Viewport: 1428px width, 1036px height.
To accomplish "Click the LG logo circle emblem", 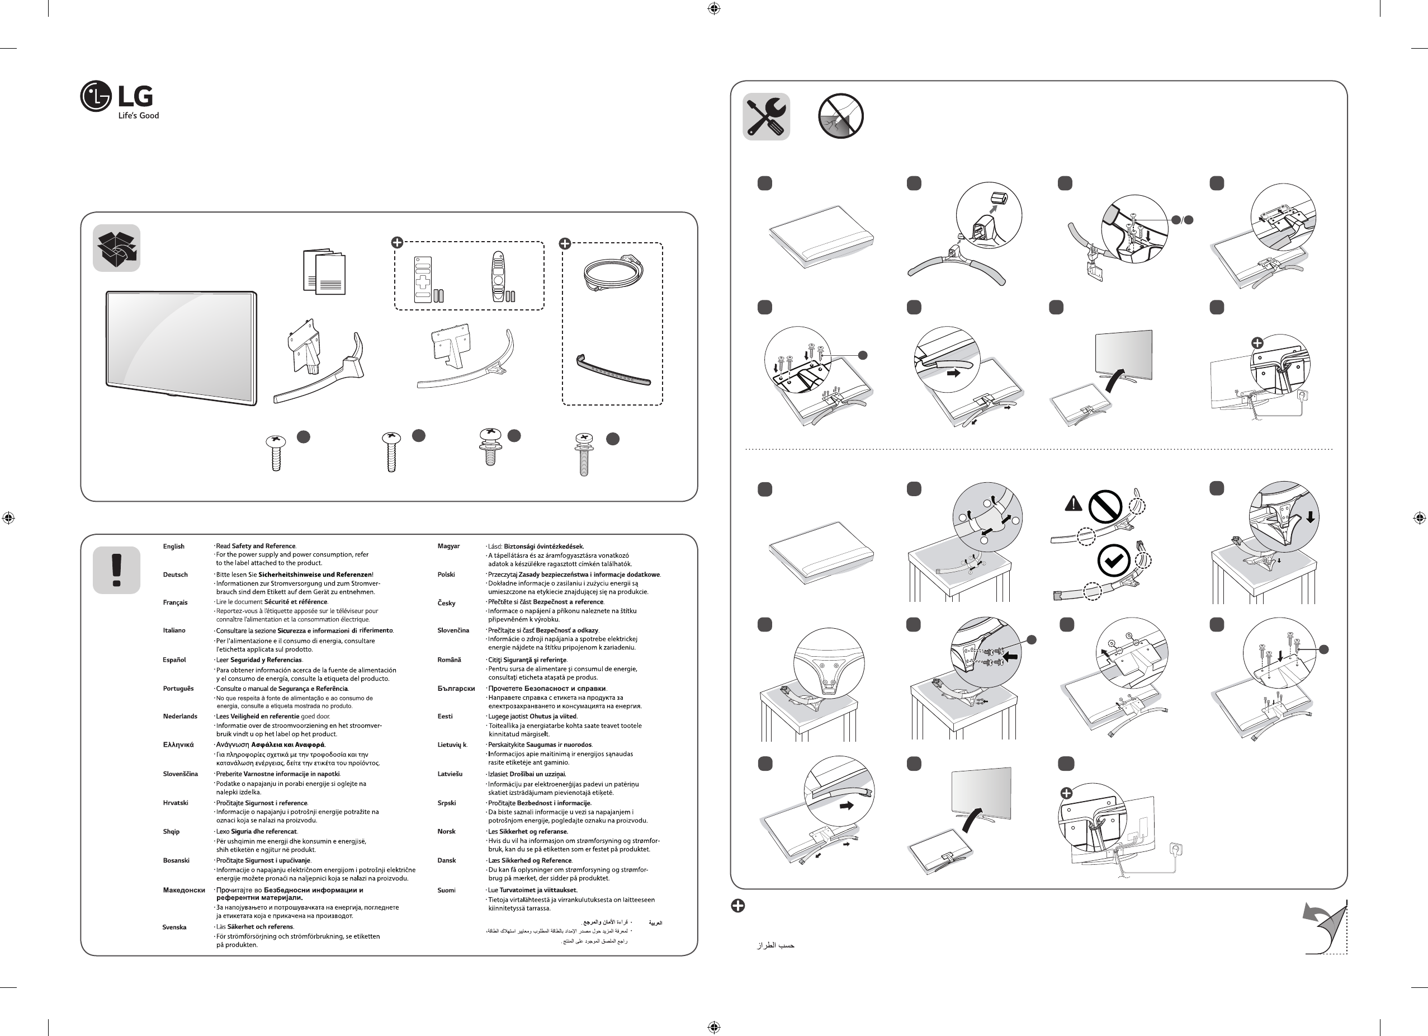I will pos(96,96).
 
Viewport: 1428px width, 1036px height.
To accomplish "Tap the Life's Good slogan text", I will pos(139,116).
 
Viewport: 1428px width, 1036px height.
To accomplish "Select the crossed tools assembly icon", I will pos(766,116).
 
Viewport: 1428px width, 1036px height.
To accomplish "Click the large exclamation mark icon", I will pos(116,570).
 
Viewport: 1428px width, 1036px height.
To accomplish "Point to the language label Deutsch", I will pos(175,575).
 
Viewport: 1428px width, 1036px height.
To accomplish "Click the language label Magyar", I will pos(448,546).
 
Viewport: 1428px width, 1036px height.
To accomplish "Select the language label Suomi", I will pos(446,891).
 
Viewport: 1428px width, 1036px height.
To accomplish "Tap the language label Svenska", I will pos(174,927).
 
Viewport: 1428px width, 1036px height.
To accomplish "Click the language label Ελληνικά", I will pos(178,745).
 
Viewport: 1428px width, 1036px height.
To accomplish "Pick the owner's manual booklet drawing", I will pos(324,272).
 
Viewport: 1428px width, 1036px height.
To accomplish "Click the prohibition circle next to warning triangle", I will pos(1105,506).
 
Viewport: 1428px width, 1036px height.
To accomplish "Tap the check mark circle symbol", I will pos(1113,561).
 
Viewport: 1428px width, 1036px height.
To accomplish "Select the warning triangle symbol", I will pos(1074,504).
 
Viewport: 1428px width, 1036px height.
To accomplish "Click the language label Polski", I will pos(446,575).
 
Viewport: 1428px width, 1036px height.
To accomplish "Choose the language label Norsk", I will pos(446,832).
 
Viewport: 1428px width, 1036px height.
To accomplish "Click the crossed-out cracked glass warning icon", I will pos(840,116).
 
